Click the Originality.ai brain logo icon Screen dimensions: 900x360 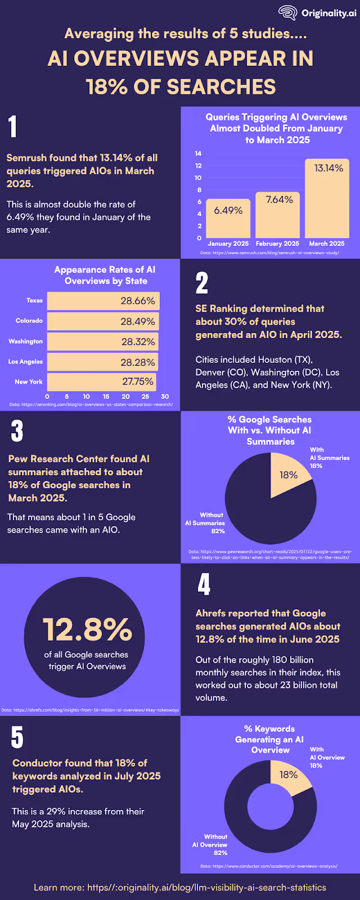tap(288, 13)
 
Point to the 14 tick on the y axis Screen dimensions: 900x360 tap(198, 154)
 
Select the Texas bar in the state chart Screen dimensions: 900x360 tap(103, 301)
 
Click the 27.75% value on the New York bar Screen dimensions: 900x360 tap(138, 381)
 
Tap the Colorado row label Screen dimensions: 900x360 tap(29, 321)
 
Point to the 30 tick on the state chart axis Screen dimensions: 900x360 tap(164, 397)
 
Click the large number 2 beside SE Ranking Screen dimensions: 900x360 tap(202, 283)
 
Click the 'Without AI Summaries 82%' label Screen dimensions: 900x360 tap(206, 523)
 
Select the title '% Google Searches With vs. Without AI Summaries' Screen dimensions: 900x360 tap(269, 430)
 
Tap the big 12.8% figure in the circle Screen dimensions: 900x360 tap(87, 629)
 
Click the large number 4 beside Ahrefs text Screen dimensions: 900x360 tap(204, 584)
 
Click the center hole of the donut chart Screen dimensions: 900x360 tap(270, 806)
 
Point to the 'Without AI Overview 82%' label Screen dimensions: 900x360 tap(210, 845)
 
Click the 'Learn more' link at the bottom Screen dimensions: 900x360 tap(180, 887)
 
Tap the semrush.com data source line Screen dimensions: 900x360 tap(269, 253)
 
